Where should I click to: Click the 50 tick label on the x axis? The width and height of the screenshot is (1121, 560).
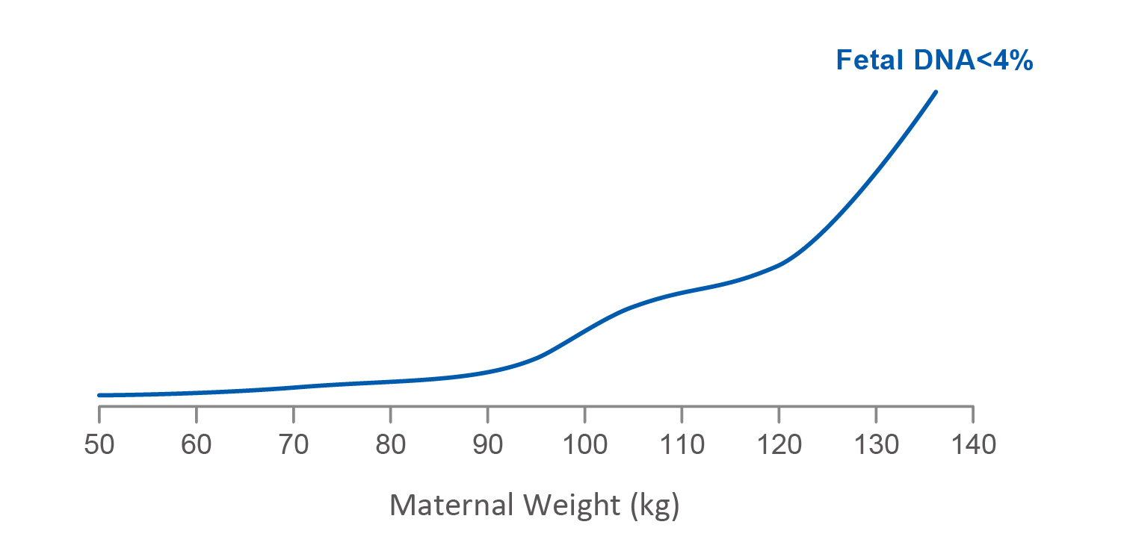point(99,445)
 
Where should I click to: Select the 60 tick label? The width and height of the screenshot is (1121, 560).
point(196,445)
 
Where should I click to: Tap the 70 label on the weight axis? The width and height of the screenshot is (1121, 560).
point(293,445)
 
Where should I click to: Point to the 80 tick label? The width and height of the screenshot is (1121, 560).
point(390,445)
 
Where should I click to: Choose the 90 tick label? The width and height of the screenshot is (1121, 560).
point(487,445)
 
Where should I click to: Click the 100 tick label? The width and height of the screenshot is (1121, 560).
point(584,445)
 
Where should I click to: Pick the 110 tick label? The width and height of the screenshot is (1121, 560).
point(682,445)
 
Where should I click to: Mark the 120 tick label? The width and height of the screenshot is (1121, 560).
point(779,445)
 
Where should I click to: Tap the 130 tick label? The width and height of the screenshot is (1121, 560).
point(876,445)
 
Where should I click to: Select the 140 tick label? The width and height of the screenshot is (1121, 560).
point(973,445)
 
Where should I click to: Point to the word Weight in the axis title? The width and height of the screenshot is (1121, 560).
point(572,505)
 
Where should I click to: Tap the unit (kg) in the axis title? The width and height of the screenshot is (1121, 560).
point(654,505)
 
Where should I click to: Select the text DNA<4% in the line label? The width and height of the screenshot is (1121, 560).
point(972,60)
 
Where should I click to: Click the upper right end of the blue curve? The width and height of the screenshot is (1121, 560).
point(936,92)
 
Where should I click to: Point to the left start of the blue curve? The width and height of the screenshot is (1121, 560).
point(99,395)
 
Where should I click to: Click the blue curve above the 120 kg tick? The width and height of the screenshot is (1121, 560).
point(779,264)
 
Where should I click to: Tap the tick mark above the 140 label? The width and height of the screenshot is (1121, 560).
point(973,411)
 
